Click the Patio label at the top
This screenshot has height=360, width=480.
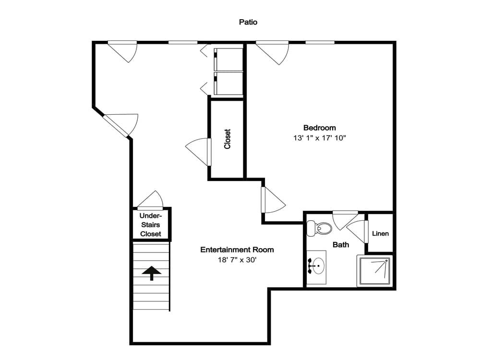click(249, 22)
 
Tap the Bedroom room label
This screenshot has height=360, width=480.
click(319, 128)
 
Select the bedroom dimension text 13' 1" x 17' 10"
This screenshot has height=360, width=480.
click(320, 138)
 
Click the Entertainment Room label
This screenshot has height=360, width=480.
click(237, 250)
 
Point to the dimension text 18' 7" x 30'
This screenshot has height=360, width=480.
click(237, 260)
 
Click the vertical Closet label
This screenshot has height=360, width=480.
click(228, 139)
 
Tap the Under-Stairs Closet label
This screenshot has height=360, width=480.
click(151, 225)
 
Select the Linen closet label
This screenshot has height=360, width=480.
click(380, 234)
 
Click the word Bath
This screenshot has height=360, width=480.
click(341, 245)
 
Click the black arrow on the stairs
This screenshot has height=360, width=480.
click(152, 274)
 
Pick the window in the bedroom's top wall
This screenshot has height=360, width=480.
click(320, 43)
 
